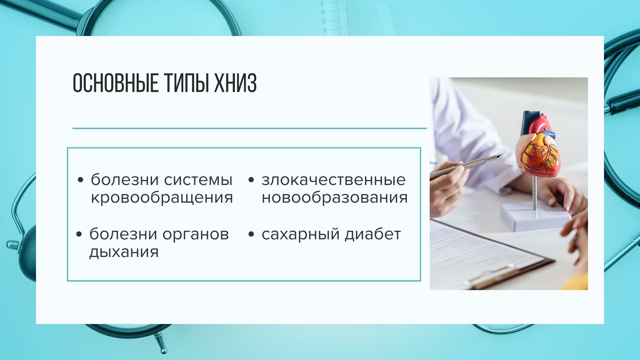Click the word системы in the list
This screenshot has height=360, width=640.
[198, 180]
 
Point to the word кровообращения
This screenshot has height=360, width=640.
[162, 198]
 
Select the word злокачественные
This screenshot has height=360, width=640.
[334, 180]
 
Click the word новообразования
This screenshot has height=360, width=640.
[335, 198]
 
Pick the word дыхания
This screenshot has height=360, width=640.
[124, 252]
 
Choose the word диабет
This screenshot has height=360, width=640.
[373, 234]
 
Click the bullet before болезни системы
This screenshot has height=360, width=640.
[80, 180]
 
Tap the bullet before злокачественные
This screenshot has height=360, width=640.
[251, 180]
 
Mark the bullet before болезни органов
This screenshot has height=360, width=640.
[79, 234]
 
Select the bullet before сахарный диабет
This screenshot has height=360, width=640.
[251, 234]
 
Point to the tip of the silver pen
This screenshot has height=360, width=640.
[504, 154]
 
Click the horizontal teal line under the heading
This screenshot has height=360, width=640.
[250, 128]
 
